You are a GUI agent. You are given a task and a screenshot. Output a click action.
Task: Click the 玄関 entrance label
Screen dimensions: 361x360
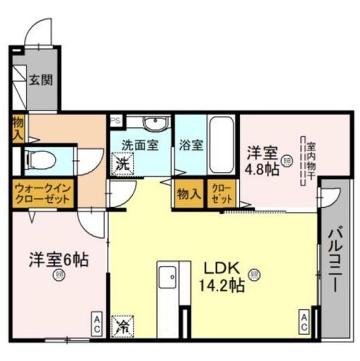[x=42, y=80]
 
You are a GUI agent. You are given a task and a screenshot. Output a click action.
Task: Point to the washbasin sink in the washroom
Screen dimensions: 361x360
[x=152, y=123]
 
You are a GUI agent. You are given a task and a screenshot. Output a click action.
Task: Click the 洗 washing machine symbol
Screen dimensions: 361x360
[x=122, y=165]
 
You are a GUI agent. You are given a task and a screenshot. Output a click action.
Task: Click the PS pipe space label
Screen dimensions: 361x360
[x=116, y=120]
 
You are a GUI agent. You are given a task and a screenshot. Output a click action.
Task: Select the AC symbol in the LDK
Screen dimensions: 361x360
[x=304, y=323]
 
